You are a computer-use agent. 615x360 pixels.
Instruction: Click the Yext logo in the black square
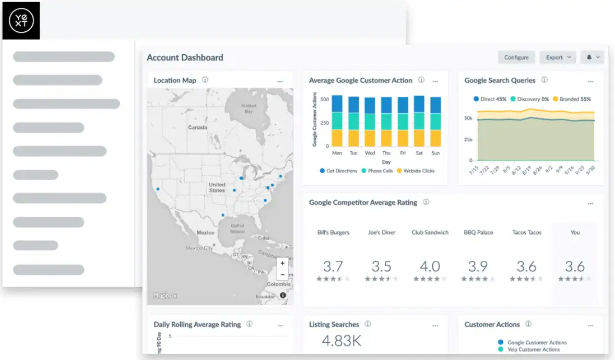21,20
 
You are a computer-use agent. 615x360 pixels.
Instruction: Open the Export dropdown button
558,57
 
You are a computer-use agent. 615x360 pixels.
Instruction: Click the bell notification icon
589,57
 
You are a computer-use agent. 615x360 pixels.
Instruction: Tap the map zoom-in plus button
282,263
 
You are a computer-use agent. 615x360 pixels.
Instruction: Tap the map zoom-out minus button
282,274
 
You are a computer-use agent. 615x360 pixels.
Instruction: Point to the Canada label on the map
197,127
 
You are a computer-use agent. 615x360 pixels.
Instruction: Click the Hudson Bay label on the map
249,109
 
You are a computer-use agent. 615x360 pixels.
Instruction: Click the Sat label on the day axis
419,153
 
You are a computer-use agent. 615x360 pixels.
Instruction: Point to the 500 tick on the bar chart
325,99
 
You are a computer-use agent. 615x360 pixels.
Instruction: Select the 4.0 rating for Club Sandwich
430,267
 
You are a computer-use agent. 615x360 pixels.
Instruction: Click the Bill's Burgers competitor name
333,233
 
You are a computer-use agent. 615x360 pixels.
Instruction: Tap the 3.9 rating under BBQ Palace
478,267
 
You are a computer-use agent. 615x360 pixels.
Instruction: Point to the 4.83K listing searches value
341,341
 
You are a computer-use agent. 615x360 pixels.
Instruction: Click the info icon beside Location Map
205,80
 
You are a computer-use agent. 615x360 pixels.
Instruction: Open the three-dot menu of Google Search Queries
590,81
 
